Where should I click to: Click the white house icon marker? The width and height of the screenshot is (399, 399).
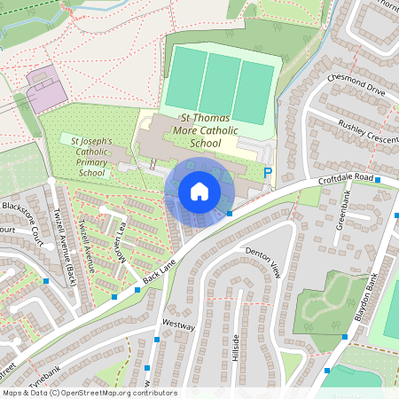(199, 191)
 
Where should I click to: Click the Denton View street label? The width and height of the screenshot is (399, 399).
(262, 259)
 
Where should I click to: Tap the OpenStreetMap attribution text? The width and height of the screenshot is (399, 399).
(89, 393)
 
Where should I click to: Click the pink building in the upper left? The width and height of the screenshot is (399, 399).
(47, 86)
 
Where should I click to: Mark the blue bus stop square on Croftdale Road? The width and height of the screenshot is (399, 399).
(379, 180)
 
